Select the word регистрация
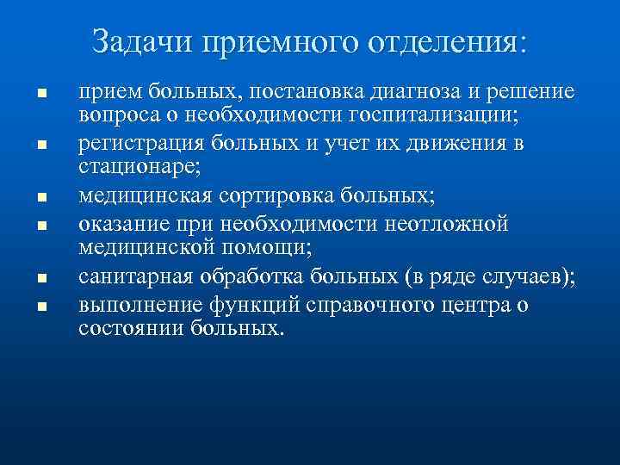(129, 142)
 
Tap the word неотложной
(447, 224)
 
